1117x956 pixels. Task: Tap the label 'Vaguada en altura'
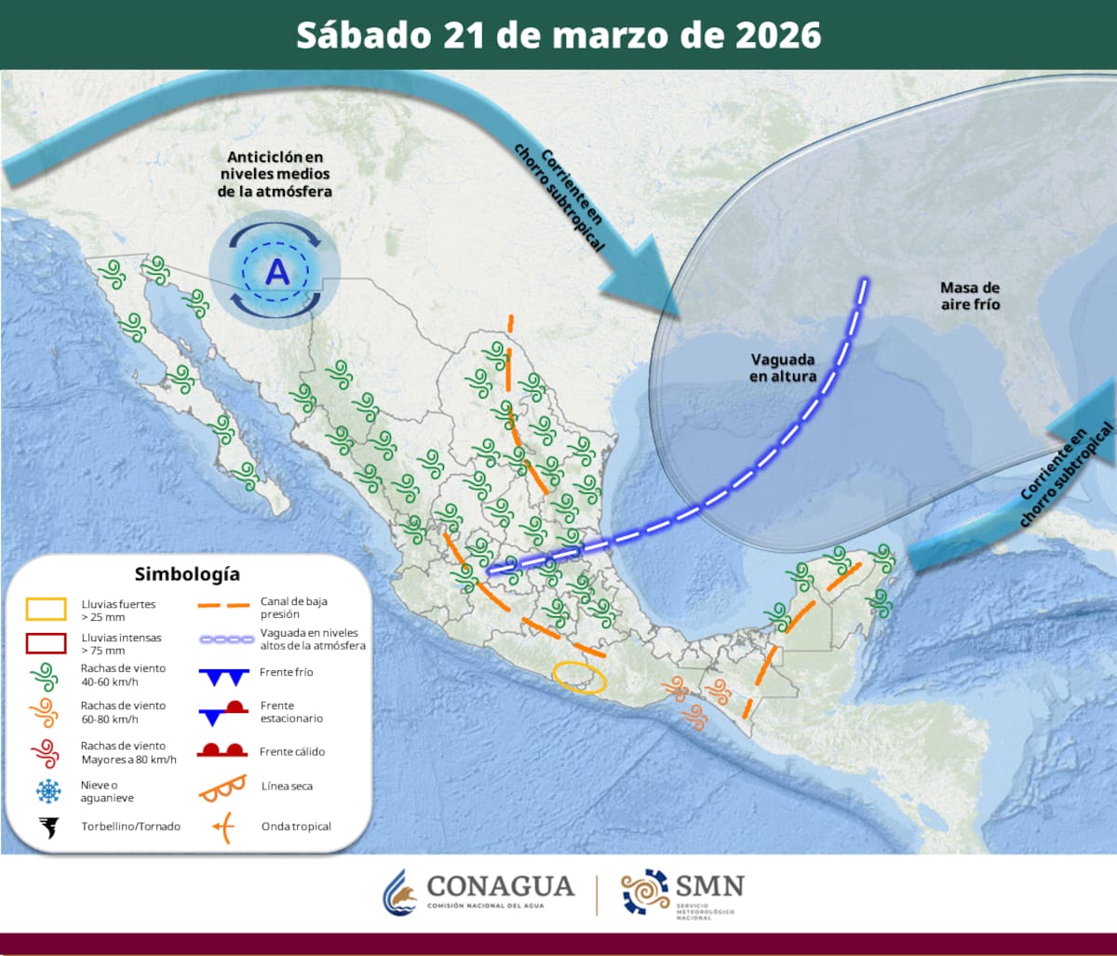784,368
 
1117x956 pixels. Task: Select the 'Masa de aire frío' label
970,295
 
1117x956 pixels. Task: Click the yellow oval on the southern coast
579,677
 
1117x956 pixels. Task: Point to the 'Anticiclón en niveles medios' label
275,174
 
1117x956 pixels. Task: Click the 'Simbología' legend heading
187,573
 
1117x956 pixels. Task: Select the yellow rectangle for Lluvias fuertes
46,609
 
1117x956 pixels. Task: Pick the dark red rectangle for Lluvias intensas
46,643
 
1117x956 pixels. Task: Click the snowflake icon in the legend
47,791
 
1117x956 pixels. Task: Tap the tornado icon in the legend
47,827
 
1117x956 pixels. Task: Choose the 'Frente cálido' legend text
292,751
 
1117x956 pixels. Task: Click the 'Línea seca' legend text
287,786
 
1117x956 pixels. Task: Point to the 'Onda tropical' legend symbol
223,826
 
